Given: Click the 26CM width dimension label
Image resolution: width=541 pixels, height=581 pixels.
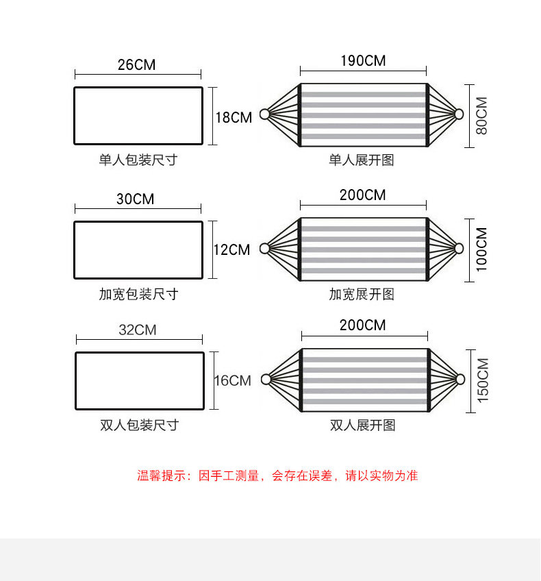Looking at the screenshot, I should pos(137,65).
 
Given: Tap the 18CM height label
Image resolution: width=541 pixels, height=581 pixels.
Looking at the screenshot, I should pos(234,117).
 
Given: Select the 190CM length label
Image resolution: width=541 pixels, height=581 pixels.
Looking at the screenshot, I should pos(363,61).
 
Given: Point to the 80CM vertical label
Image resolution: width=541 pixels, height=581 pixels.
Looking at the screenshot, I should pos(481,116).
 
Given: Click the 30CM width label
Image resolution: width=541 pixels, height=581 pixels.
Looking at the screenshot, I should pos(136,199).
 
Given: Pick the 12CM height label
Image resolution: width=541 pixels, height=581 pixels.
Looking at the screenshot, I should pos(231,250).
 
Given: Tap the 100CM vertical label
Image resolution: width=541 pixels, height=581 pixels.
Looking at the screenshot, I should pos(481,249).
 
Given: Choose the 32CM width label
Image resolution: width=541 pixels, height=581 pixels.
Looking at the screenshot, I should pos(138,330).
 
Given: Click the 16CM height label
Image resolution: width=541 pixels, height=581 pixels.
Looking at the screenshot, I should pos(233,380).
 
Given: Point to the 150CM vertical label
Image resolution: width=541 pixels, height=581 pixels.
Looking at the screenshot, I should pos(482,380).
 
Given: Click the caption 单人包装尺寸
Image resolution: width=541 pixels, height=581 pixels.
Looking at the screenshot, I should pos(138,160).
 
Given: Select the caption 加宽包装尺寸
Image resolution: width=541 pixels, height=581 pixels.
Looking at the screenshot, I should pos(138,294).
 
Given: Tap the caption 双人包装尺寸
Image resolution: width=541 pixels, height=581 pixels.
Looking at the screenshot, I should pos(139,425).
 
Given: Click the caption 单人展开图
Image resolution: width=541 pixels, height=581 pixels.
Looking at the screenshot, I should pos(362,160).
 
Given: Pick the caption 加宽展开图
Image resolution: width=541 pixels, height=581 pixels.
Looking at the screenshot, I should pos(362,294).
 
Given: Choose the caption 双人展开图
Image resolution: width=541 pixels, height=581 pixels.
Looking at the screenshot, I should pos(363,425).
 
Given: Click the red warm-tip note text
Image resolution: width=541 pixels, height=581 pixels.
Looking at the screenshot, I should pos(277,475).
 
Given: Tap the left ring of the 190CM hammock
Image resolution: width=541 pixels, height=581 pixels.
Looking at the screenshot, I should pos(264,114).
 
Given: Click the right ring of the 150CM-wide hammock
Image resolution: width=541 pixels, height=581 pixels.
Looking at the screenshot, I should pos(460,379).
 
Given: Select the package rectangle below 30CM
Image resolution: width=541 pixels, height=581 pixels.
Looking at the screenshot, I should pos(138,249).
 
